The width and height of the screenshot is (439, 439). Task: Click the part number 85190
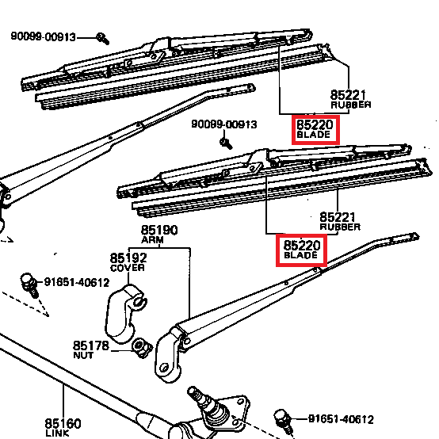click(159, 230)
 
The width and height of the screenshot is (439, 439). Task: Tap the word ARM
click(152, 240)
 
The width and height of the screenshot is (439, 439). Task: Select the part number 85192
click(128, 258)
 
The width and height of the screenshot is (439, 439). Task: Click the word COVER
click(128, 268)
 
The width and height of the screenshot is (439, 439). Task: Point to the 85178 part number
click(90, 345)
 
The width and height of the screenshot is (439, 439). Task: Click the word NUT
click(83, 355)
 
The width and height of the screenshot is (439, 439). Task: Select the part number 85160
click(63, 423)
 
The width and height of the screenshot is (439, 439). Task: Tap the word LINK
click(57, 433)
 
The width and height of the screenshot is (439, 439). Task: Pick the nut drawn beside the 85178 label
click(142, 347)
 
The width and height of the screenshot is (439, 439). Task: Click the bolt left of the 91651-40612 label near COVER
click(29, 284)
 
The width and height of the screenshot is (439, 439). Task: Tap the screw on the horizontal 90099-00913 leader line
click(102, 38)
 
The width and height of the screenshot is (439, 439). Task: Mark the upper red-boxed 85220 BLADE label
click(315, 130)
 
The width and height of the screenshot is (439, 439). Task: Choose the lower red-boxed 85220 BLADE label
click(301, 250)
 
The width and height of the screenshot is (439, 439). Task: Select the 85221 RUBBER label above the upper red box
click(350, 99)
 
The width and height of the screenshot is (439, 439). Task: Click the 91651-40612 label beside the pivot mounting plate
click(341, 419)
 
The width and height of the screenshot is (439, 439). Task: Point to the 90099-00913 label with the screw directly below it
click(224, 124)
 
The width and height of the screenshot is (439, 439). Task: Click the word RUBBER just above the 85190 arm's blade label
click(340, 227)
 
